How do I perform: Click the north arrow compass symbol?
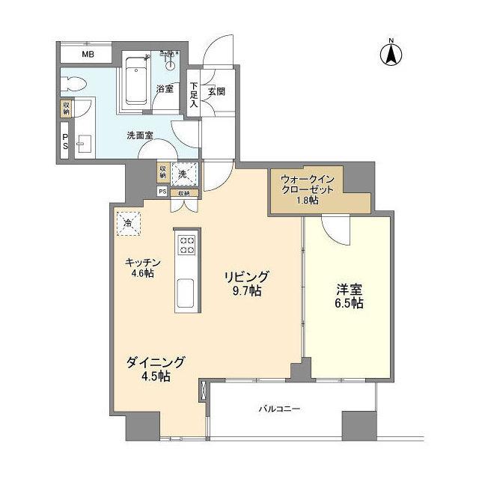391,53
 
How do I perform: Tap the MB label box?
88,54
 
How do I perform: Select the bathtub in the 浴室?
135,81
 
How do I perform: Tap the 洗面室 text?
139,135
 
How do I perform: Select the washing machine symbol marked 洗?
183,173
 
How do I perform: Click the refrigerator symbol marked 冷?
128,222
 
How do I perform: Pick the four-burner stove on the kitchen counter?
186,245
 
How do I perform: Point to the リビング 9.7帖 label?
245,283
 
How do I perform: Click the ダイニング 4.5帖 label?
155,369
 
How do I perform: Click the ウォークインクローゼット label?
311,190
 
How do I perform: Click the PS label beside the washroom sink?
65,141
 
